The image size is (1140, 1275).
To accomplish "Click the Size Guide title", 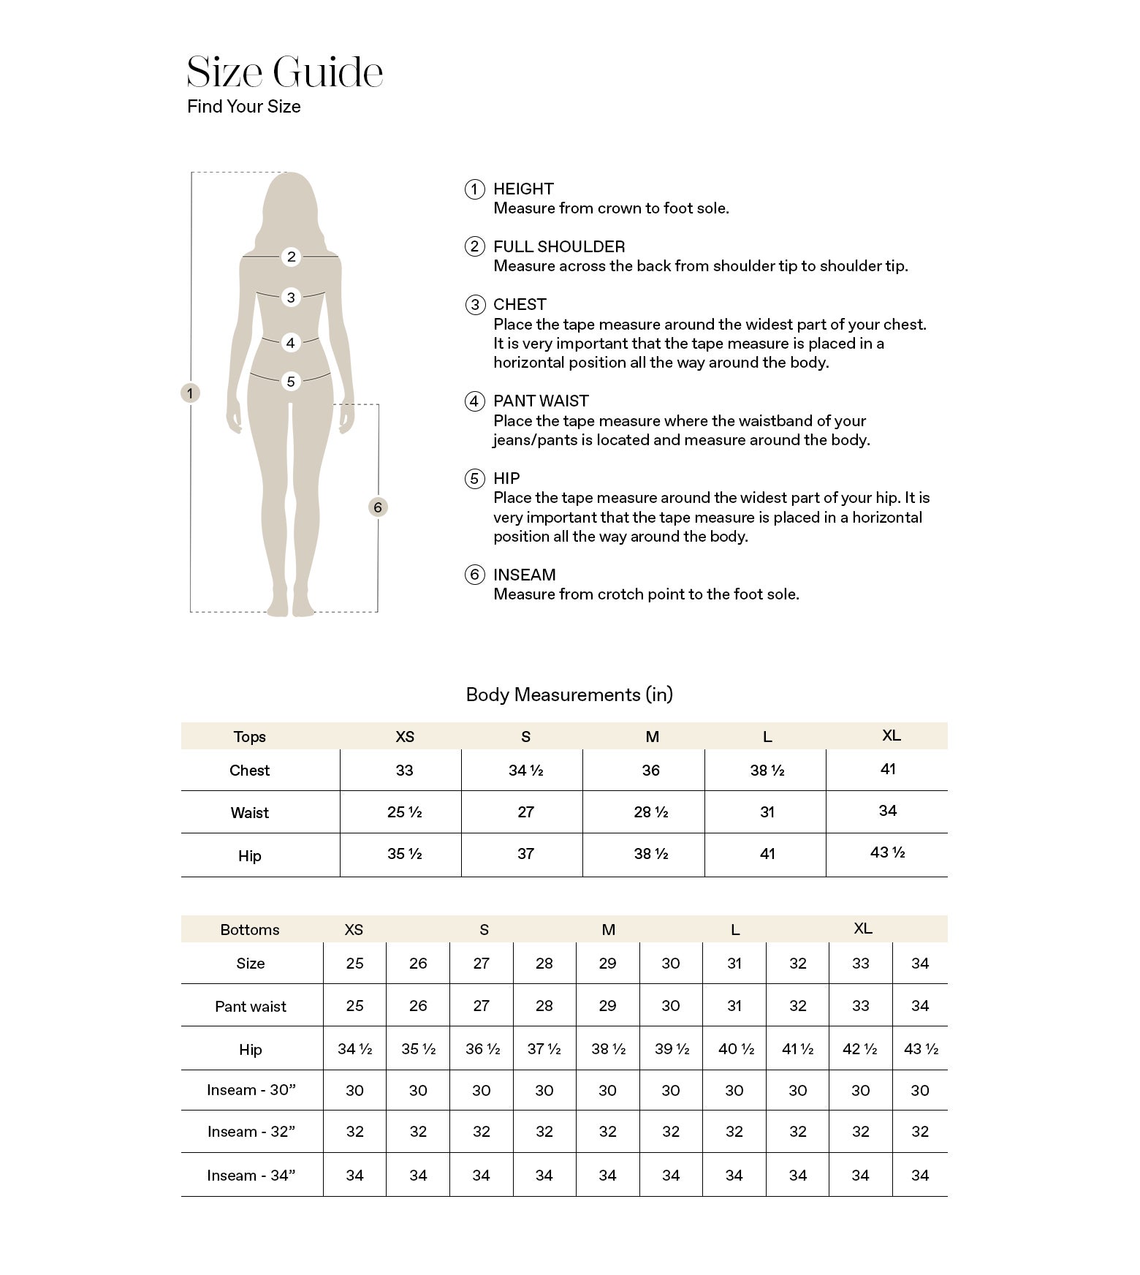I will [x=284, y=72].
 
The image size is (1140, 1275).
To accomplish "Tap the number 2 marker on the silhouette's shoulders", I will [x=292, y=257].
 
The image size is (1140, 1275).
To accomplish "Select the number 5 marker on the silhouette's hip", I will [x=291, y=381].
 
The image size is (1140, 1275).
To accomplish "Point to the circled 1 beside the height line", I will [x=190, y=393].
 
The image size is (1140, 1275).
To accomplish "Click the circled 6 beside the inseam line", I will [x=378, y=507].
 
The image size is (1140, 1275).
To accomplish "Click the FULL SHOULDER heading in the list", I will [x=559, y=246].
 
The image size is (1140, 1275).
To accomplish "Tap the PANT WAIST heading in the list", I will [x=541, y=401].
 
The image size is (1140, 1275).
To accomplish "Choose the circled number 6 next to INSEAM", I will [x=475, y=575].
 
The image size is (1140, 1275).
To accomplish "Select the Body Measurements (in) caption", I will [x=569, y=695].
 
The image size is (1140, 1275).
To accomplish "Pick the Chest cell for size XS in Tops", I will [x=404, y=770].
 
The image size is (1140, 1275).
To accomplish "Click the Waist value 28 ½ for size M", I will [x=650, y=811].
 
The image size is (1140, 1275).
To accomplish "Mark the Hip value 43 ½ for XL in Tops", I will [x=887, y=852].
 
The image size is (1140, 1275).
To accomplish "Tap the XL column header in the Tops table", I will [x=891, y=735].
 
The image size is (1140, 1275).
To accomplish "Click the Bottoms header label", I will [x=250, y=929].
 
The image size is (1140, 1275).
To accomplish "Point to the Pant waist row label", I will [x=251, y=1006].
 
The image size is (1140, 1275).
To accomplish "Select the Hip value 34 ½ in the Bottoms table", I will [x=355, y=1049].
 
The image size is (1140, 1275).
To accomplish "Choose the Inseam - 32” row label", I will [x=251, y=1132].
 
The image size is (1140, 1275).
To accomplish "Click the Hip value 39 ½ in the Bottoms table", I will [x=672, y=1049].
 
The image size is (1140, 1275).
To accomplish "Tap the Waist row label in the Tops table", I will [x=250, y=812].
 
